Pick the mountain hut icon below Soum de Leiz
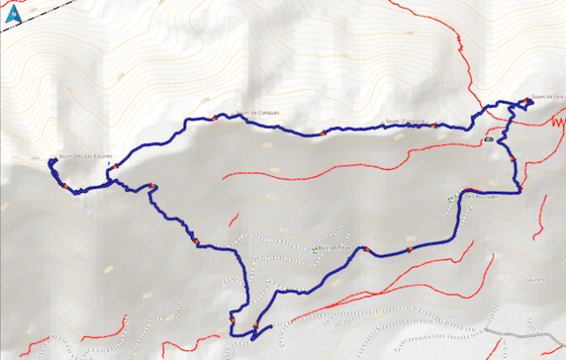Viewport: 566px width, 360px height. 489,140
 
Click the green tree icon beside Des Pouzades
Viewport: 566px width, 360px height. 451,198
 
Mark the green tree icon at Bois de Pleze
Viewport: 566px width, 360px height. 316,249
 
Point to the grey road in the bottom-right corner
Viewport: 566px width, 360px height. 531,336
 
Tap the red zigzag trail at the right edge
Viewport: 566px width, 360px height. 557,123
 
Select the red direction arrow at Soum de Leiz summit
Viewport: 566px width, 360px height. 528,100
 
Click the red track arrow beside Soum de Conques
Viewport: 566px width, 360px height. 213,118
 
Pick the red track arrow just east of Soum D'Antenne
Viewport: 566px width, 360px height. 433,126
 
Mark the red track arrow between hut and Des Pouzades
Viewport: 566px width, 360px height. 512,158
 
